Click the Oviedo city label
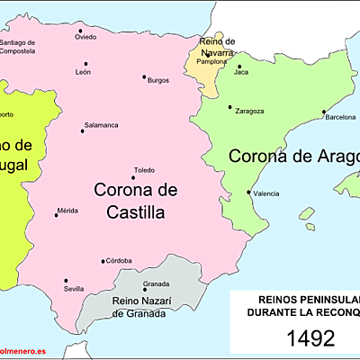[x=85, y=37]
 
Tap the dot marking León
[x=86, y=64]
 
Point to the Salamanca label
[x=101, y=124]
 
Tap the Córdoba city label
[x=120, y=260]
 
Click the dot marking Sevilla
[x=66, y=280]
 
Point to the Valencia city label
[x=266, y=194]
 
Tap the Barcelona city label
[x=340, y=118]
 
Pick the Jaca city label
[x=241, y=73]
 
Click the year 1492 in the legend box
[x=310, y=338]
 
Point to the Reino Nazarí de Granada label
[x=139, y=307]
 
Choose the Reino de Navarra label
[x=217, y=47]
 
